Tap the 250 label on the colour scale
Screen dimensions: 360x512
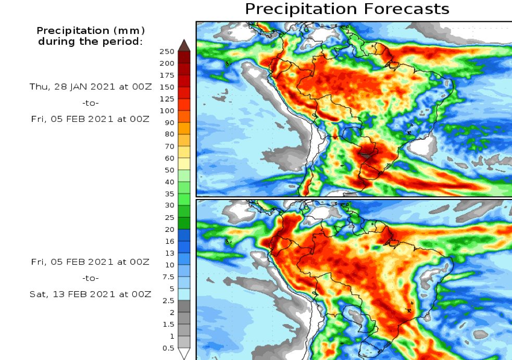click(167, 52)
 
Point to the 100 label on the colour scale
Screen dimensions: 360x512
click(167, 110)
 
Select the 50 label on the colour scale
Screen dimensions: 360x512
click(169, 170)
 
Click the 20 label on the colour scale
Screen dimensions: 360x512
click(169, 229)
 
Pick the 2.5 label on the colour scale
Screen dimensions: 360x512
click(168, 301)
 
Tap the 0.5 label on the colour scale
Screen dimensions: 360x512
click(168, 348)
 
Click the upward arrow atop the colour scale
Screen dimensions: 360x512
click(184, 45)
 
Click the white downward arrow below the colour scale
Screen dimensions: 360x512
click(184, 354)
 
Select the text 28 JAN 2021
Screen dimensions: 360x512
click(77, 87)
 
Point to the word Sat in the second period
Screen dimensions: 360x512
click(37, 294)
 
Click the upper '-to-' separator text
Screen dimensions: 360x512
click(91, 103)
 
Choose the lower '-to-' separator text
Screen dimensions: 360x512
click(91, 278)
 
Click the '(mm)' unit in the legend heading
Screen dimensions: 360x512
click(127, 31)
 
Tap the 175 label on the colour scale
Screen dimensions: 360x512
click(167, 75)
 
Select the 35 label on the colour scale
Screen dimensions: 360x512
click(169, 194)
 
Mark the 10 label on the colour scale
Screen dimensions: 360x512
click(169, 265)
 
